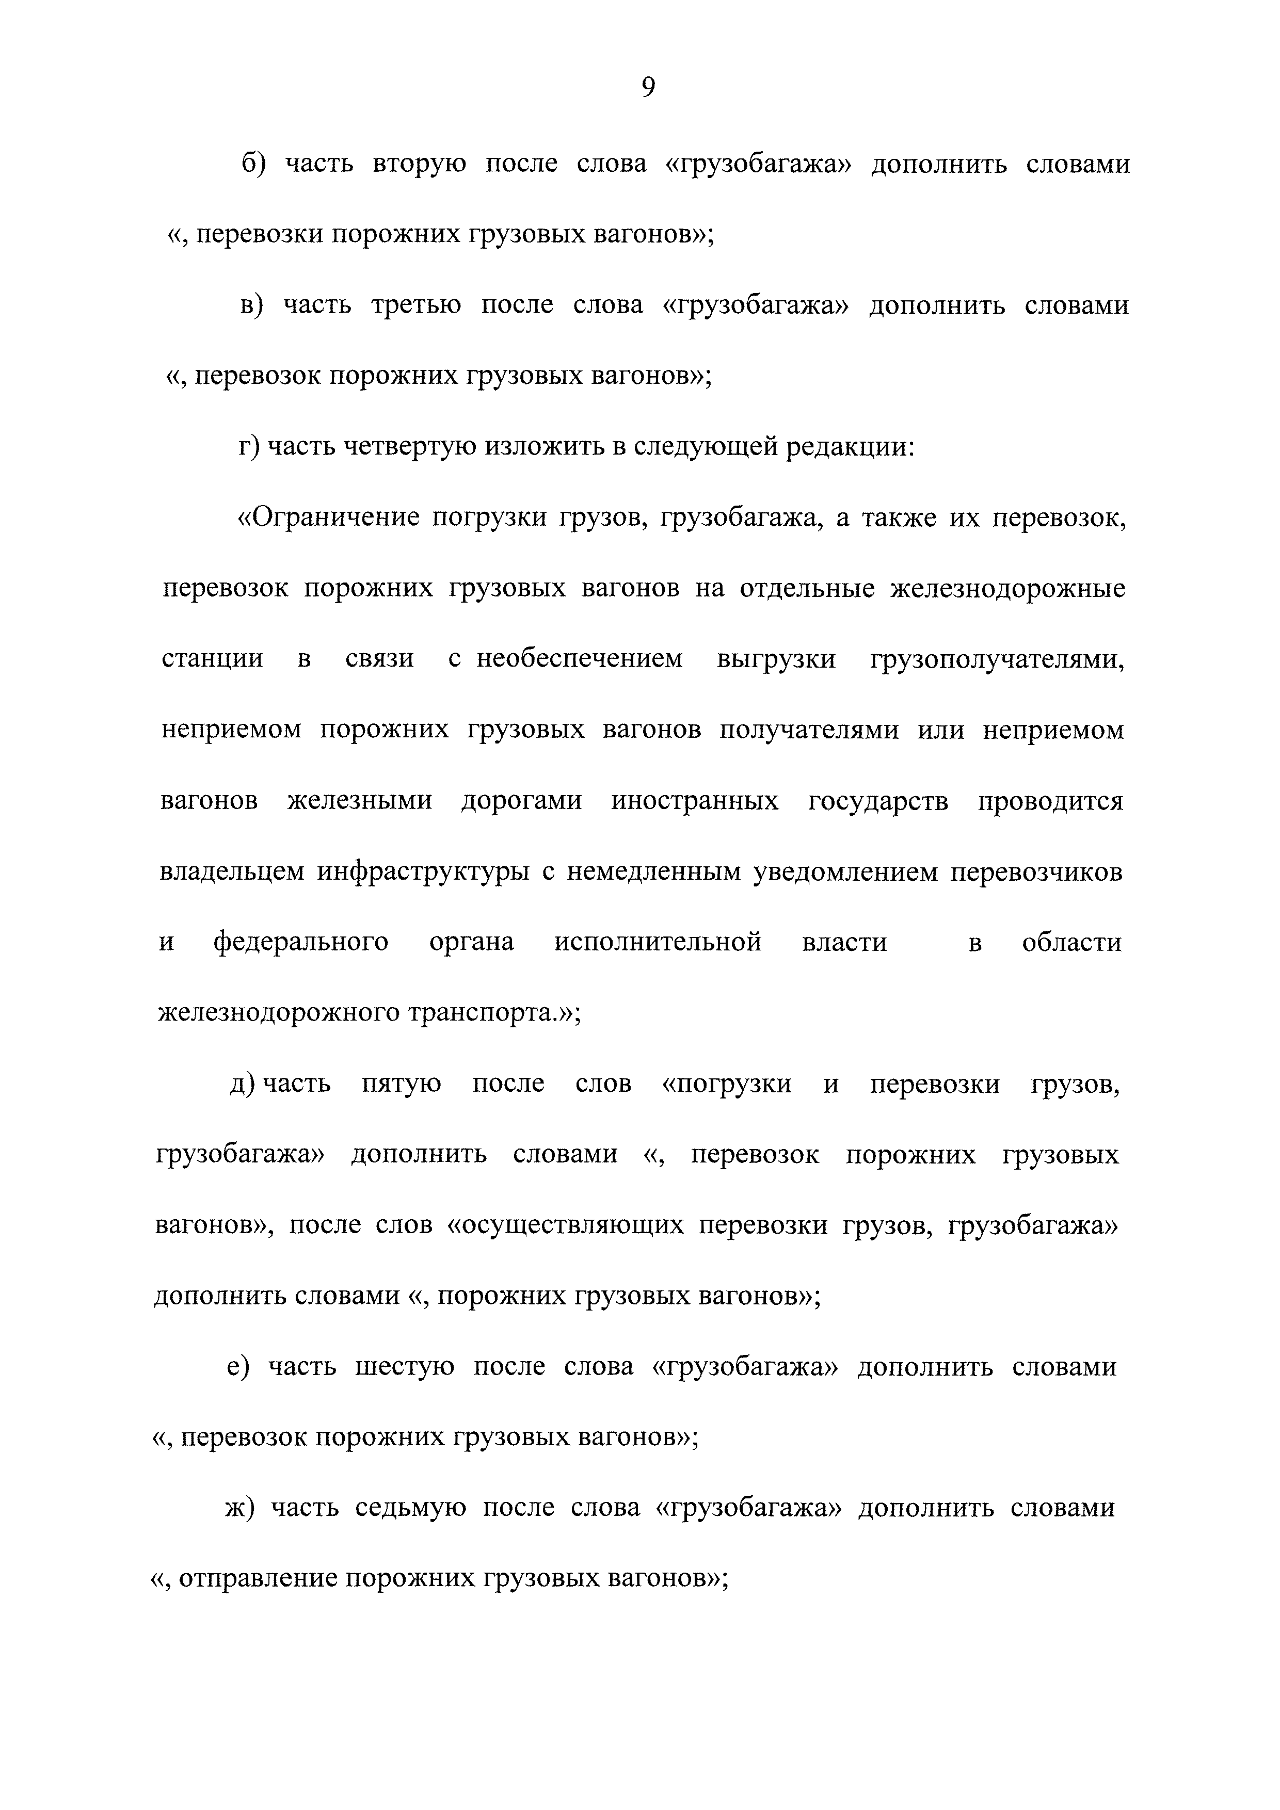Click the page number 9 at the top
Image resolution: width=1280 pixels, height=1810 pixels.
tap(648, 87)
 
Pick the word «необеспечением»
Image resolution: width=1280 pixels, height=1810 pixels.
tap(579, 658)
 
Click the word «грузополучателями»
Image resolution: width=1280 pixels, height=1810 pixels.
tap(997, 658)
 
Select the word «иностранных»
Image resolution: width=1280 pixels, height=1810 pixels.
tap(694, 801)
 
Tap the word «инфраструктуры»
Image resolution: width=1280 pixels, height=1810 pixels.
tap(424, 872)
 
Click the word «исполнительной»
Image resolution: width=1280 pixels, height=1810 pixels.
tap(658, 942)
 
